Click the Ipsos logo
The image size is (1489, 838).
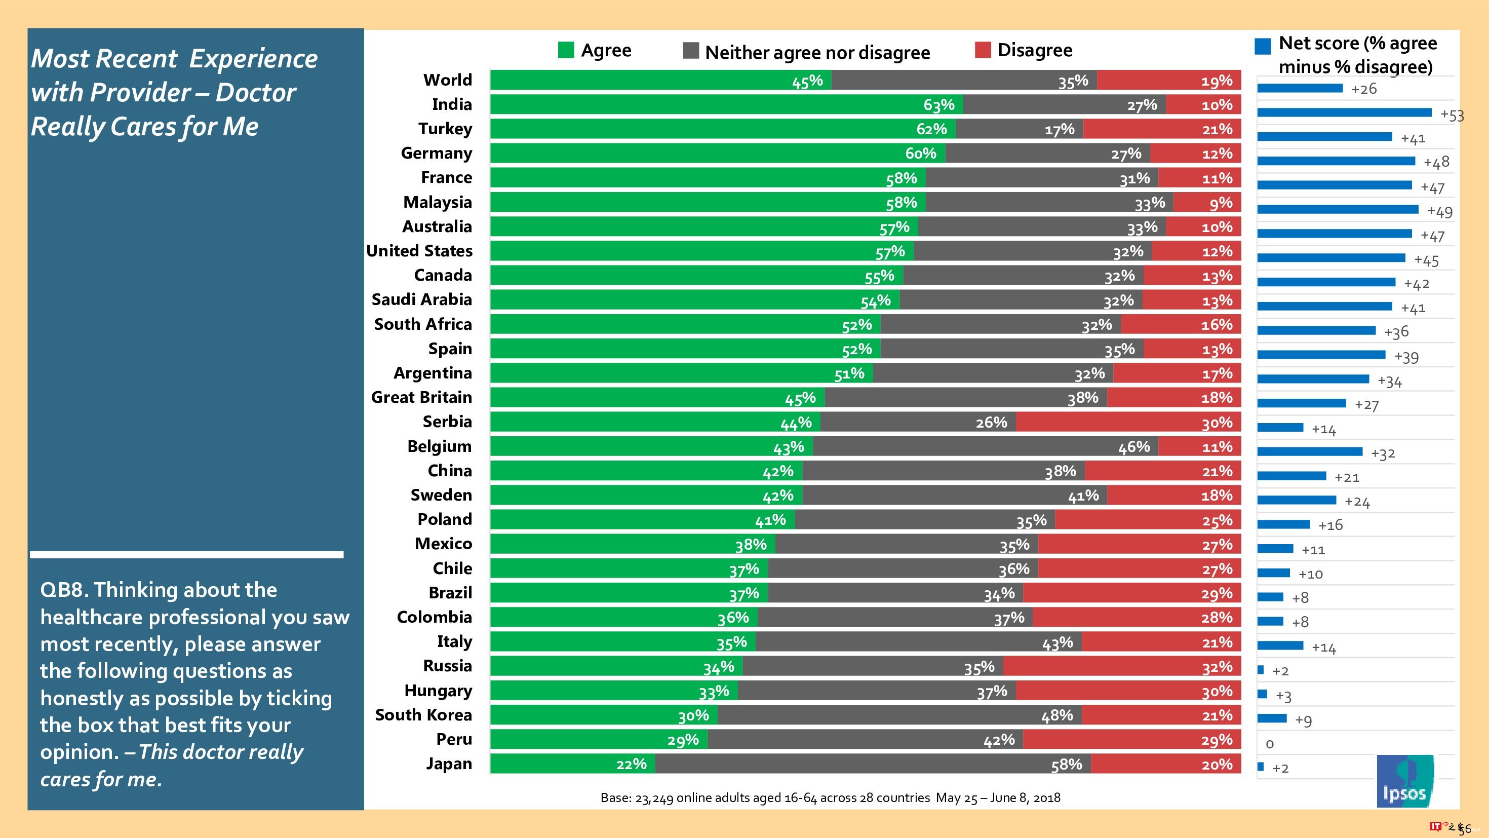click(1404, 781)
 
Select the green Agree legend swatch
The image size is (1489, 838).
click(566, 50)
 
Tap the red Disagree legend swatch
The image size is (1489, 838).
click(983, 50)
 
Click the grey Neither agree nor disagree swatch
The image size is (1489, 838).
click(691, 51)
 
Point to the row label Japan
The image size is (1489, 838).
click(449, 764)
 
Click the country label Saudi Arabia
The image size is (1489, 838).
click(421, 299)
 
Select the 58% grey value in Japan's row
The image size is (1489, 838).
click(1066, 765)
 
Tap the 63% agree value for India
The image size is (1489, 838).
click(938, 105)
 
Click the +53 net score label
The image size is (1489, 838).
click(1452, 115)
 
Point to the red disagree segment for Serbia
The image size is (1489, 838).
click(1127, 422)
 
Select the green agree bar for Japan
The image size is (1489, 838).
click(572, 764)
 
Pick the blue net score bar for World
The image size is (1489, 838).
click(1300, 88)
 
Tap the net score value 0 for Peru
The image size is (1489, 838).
click(1269, 744)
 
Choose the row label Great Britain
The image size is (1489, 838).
click(421, 397)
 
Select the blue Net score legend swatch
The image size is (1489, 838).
click(1263, 46)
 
